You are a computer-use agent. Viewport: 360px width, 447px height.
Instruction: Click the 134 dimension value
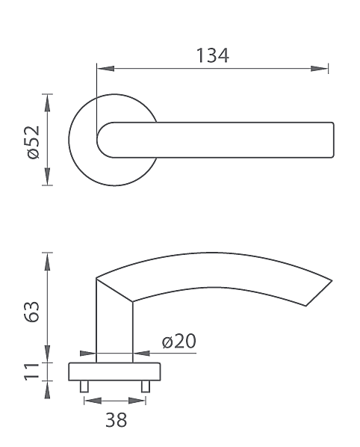click(x=213, y=55)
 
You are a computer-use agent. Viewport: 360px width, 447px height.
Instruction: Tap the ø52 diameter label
click(x=34, y=142)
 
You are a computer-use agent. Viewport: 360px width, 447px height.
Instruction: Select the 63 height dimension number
click(x=31, y=311)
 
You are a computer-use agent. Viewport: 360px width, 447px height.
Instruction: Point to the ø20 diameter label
click(x=179, y=341)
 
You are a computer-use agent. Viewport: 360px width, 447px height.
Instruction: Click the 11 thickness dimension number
click(x=31, y=372)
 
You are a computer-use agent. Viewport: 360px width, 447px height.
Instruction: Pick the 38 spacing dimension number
click(x=116, y=419)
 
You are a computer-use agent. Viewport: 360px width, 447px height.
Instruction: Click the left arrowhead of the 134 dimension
click(x=105, y=69)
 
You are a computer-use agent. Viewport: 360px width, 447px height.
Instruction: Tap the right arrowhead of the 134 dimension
click(x=319, y=69)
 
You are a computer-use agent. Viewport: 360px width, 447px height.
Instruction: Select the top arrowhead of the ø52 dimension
click(x=48, y=102)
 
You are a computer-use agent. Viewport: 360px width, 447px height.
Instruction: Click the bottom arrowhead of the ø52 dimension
click(x=48, y=176)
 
